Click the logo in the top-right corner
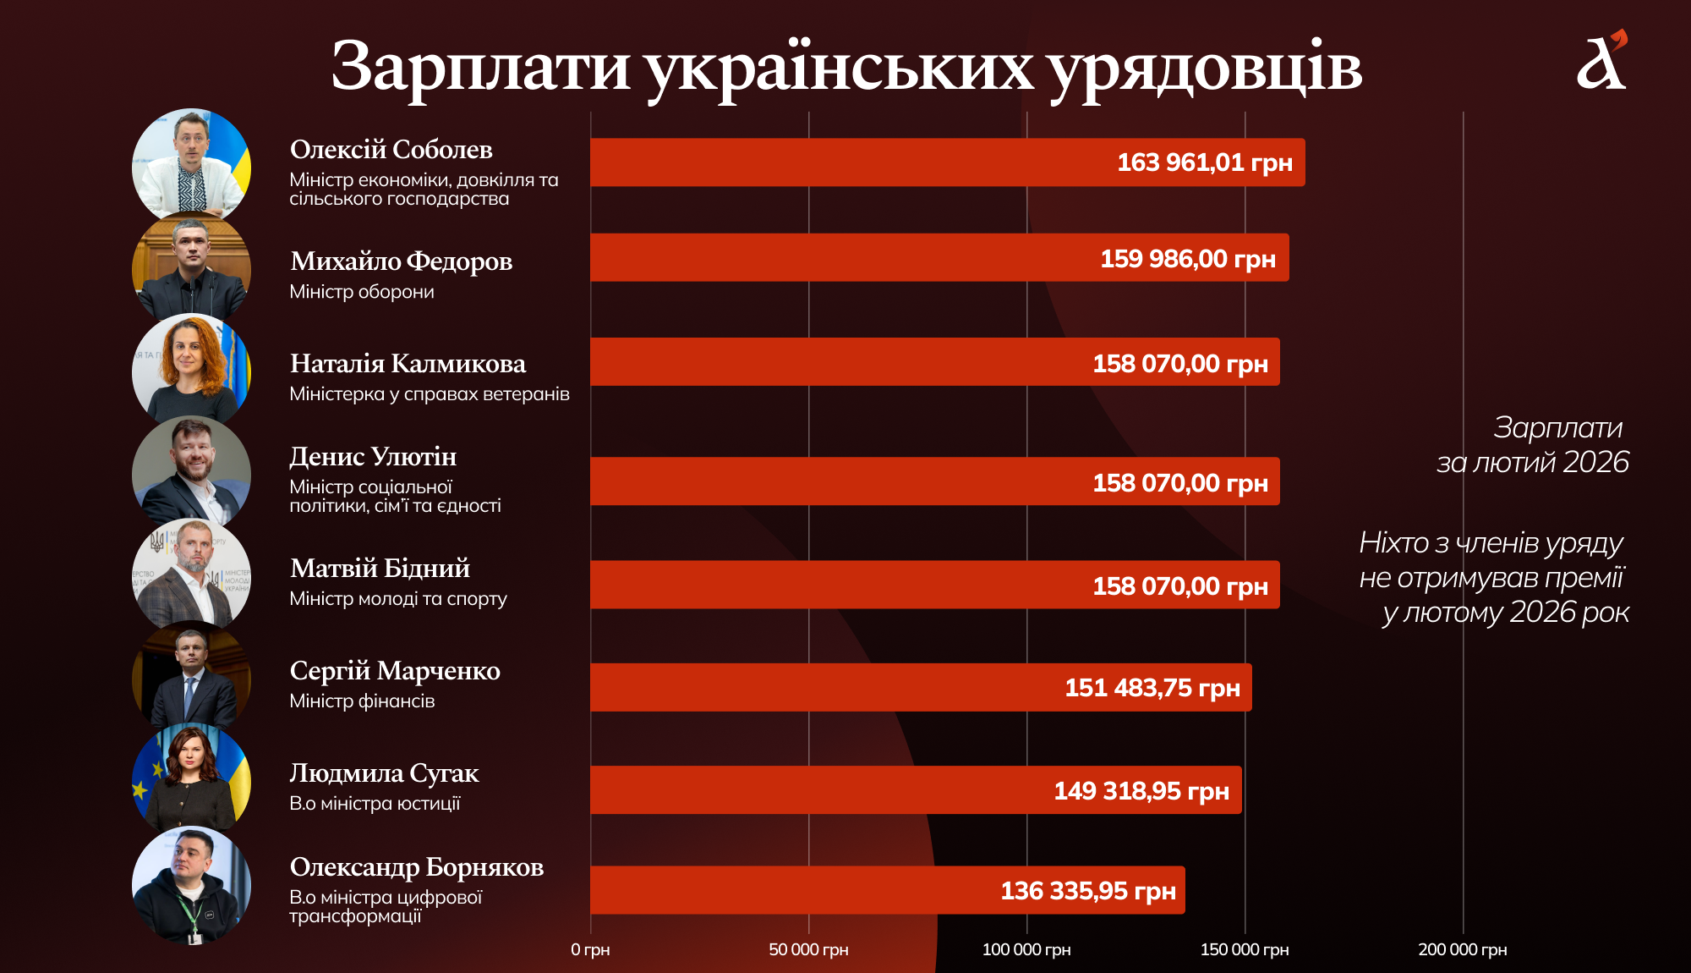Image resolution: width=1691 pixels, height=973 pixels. (x=1601, y=61)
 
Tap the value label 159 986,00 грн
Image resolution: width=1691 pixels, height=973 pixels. (x=1187, y=259)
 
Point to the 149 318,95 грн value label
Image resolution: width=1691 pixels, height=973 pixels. (x=1141, y=791)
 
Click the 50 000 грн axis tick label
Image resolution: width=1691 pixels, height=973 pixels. (x=808, y=950)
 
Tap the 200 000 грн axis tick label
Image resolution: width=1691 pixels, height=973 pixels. (x=1462, y=950)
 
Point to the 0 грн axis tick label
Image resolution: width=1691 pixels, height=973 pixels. (x=590, y=950)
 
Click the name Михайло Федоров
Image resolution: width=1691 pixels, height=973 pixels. (x=401, y=261)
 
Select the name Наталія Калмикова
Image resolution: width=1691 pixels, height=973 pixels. (x=408, y=364)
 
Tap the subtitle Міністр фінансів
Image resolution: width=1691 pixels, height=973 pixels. (x=362, y=701)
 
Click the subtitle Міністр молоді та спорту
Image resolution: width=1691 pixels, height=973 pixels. (x=398, y=599)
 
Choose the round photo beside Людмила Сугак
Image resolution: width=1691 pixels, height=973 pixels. (x=192, y=780)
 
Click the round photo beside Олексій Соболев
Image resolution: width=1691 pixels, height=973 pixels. (x=192, y=167)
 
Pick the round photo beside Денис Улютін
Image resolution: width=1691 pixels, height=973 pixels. (x=192, y=473)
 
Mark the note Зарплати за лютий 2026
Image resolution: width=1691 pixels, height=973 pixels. (x=1532, y=445)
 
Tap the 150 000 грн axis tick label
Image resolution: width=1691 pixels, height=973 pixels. (x=1245, y=950)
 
